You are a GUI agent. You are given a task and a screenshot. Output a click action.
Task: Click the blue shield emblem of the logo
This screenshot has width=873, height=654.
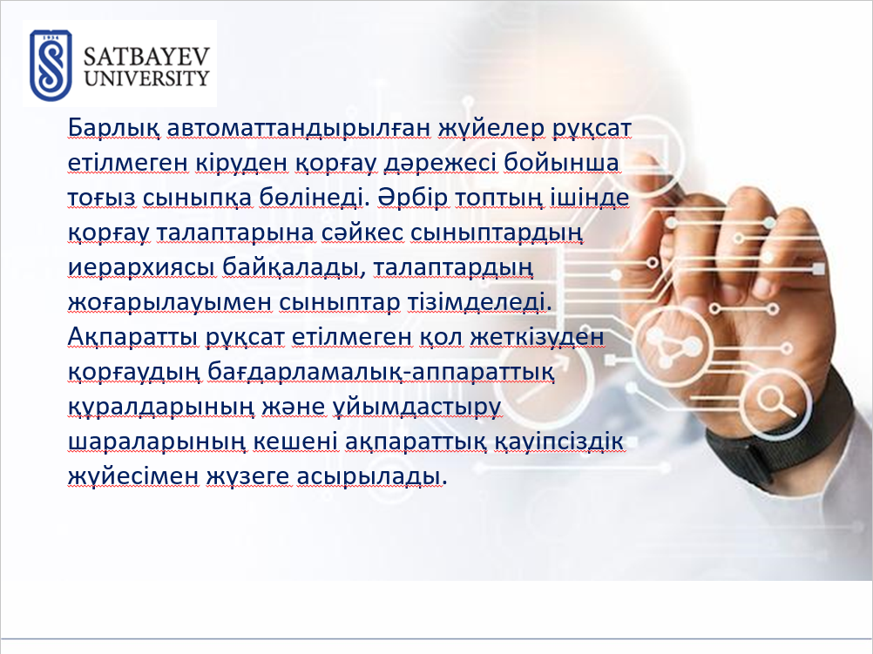point(51,65)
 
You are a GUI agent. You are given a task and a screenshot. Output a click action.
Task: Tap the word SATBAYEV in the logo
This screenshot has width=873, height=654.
point(147,57)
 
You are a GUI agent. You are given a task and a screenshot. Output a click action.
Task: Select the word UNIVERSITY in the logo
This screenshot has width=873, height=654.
point(147,78)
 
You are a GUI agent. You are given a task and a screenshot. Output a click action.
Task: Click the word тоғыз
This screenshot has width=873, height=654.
point(101,199)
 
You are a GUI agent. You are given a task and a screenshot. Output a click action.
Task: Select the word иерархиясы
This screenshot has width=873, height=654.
point(141,267)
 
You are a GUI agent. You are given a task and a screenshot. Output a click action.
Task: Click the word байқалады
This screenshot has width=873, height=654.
point(291,267)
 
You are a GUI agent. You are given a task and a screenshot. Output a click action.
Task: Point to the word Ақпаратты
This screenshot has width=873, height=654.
point(133,337)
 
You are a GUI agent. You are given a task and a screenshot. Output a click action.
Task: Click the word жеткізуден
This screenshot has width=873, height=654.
point(537,337)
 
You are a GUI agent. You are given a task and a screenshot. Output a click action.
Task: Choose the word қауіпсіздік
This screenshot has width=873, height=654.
point(560,442)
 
